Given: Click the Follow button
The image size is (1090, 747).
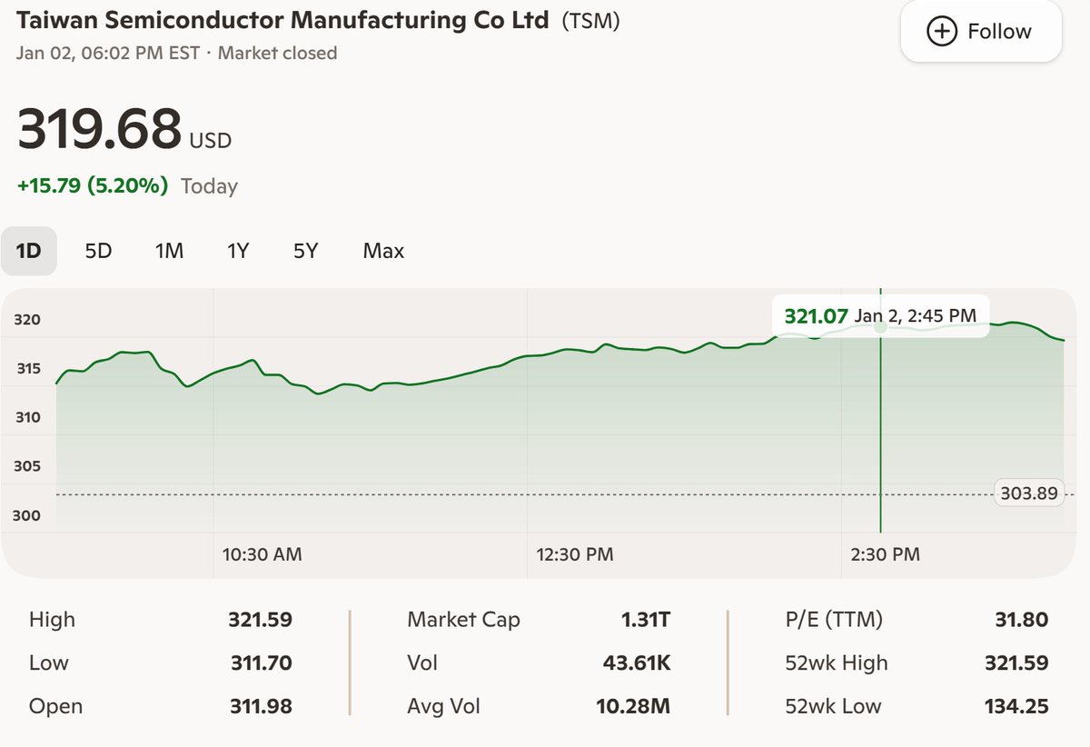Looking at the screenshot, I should (x=980, y=32).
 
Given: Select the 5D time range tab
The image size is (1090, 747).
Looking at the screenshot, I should (x=98, y=251).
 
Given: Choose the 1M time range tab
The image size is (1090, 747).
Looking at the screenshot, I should (x=169, y=251).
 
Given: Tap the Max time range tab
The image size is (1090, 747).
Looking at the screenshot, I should (x=383, y=251).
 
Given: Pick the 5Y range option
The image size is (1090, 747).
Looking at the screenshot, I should (x=306, y=251).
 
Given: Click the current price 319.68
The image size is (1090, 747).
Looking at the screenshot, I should (x=100, y=129).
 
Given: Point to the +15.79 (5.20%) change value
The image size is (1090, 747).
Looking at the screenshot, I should (x=93, y=186).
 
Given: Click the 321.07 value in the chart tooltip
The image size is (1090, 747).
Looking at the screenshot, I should (x=816, y=316).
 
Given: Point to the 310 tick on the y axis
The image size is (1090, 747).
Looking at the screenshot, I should (x=27, y=418).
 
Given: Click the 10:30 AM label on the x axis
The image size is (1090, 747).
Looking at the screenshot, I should (x=263, y=553).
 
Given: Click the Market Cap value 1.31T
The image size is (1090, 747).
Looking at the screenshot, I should (x=645, y=620).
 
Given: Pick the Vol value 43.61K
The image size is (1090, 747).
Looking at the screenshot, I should (x=637, y=663).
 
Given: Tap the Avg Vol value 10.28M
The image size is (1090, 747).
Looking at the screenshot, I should (x=633, y=706).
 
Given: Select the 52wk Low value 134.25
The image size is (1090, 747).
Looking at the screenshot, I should (x=1016, y=706).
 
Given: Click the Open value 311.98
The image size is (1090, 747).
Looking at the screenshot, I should (x=260, y=706).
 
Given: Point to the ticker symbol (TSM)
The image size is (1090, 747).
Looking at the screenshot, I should (x=590, y=20).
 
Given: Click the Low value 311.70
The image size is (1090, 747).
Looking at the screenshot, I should (x=261, y=663).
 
